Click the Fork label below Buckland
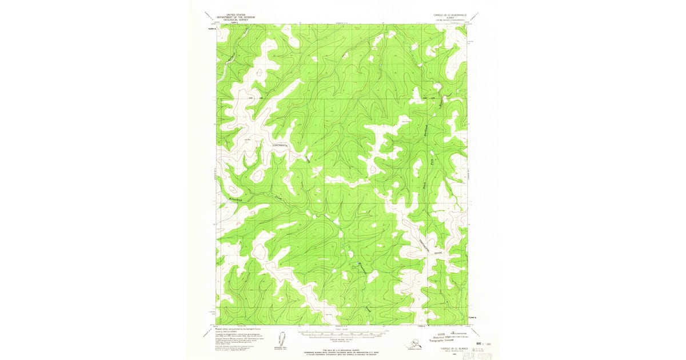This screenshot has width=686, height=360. (x=432, y=161)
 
